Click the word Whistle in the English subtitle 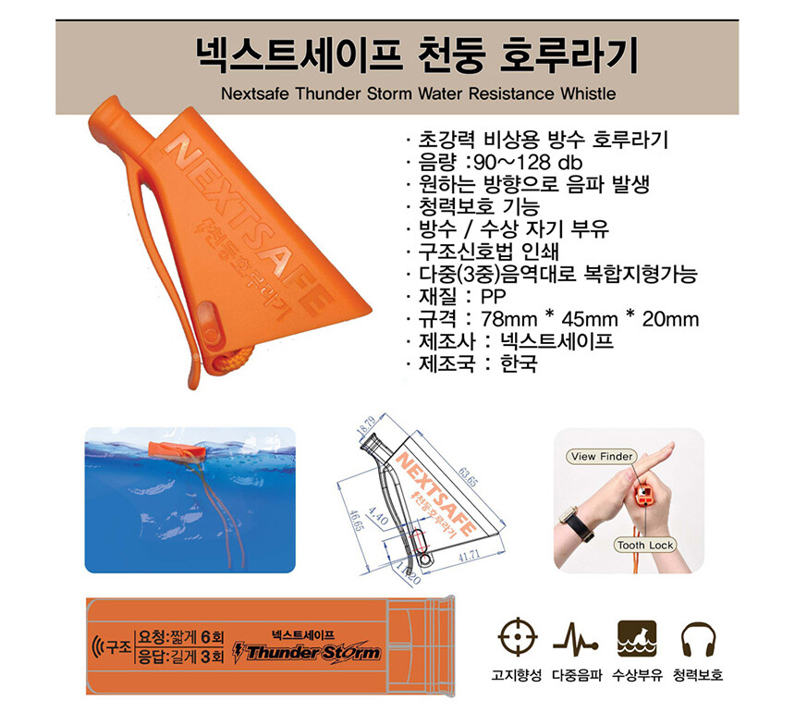[x=588, y=93]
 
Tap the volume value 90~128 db [x=527, y=162]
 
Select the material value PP [x=493, y=297]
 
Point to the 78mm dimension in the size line [x=508, y=319]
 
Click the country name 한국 [x=519, y=363]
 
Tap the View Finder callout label [x=602, y=457]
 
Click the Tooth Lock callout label [x=645, y=545]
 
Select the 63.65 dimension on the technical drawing [x=468, y=476]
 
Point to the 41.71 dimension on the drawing [x=469, y=557]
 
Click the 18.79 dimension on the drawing [x=365, y=425]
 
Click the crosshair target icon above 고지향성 [x=517, y=637]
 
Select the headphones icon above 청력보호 [x=698, y=638]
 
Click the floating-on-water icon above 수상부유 [x=637, y=638]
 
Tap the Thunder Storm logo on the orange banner [x=307, y=652]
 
